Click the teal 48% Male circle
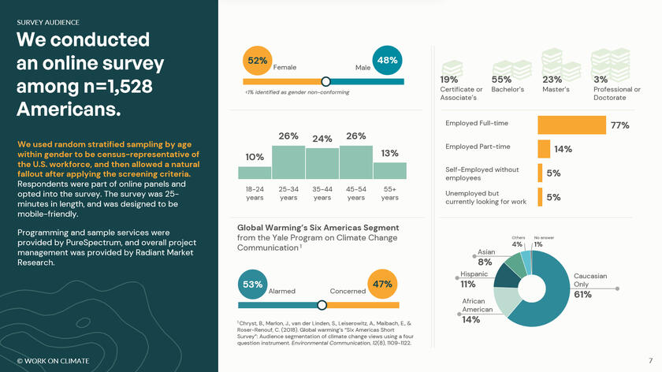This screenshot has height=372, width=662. (388, 61)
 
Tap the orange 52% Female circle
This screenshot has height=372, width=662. (258, 61)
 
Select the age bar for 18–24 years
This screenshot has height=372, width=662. (255, 171)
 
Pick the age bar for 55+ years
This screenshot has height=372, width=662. (390, 170)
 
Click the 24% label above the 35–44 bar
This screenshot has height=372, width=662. (322, 139)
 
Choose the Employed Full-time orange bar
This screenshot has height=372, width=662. (571, 125)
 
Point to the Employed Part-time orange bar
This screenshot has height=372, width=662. (544, 149)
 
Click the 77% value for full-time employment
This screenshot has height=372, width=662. (619, 125)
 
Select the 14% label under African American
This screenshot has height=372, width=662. (471, 320)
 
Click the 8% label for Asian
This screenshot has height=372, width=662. (485, 262)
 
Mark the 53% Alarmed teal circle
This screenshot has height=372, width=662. (253, 285)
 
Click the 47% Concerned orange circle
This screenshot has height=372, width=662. (382, 285)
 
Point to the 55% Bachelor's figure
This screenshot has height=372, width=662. (501, 80)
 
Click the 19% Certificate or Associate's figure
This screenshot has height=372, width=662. (449, 80)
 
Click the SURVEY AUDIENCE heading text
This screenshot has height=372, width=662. (47, 23)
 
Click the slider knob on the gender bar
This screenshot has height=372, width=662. (325, 81)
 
